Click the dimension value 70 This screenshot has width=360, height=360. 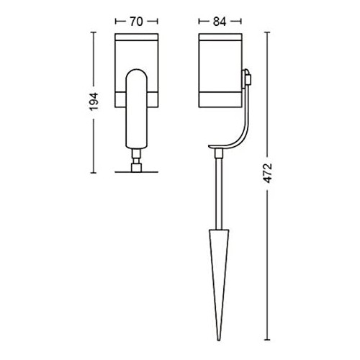[136, 22]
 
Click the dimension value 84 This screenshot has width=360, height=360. [220, 22]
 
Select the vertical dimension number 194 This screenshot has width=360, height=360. [94, 102]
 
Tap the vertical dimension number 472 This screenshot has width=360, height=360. [268, 173]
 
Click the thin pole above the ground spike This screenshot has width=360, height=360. [218, 193]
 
